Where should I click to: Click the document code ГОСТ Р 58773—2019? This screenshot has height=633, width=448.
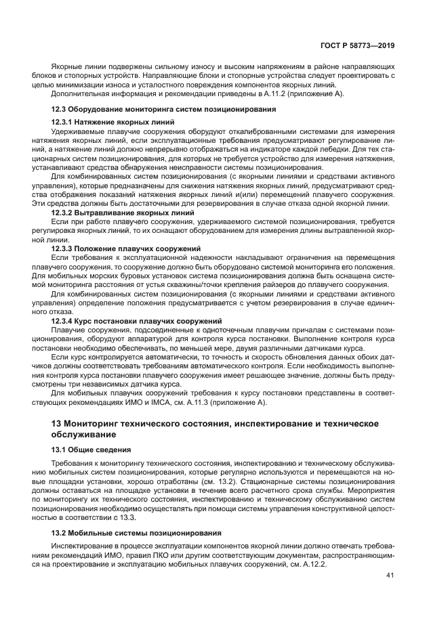point(358,45)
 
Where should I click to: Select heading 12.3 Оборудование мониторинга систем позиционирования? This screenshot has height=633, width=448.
point(163,108)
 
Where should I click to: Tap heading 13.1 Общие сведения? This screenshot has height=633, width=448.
point(98,449)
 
